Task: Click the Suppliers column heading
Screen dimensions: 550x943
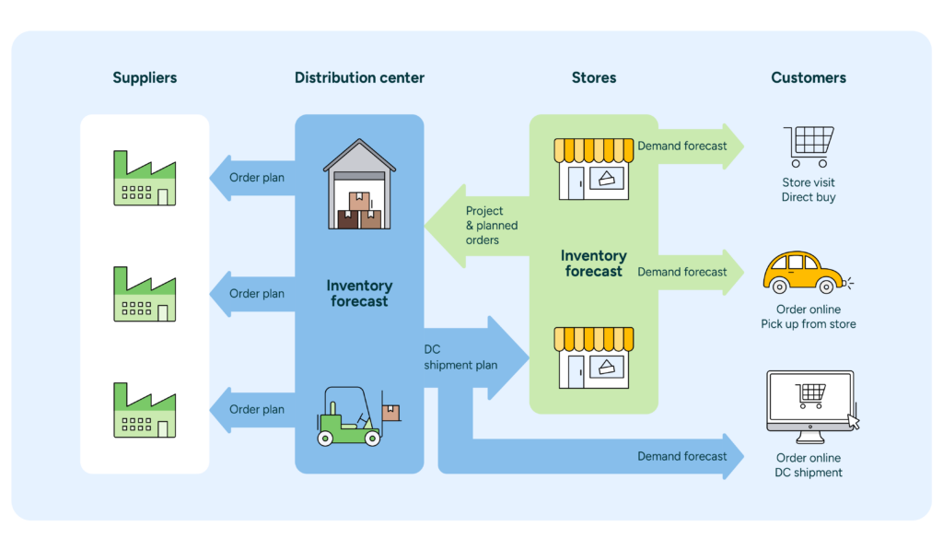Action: point(145,77)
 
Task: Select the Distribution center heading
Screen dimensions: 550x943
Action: point(359,77)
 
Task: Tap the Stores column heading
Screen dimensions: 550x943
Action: point(593,77)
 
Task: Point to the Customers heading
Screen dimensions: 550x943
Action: point(808,77)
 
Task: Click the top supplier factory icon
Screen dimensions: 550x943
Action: point(145,178)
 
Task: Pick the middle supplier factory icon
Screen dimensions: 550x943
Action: point(145,294)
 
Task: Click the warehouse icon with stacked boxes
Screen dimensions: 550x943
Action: point(359,184)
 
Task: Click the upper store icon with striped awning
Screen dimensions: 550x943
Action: point(593,170)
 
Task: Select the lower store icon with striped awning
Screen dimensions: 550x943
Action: point(593,357)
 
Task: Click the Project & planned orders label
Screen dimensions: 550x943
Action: point(491,226)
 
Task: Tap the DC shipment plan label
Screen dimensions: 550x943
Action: point(460,357)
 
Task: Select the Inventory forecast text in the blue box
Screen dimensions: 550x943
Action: point(359,294)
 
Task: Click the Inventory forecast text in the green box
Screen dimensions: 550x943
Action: point(593,263)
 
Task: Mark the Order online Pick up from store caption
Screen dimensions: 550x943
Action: point(808,317)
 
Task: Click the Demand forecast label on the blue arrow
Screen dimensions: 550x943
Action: point(681,456)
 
